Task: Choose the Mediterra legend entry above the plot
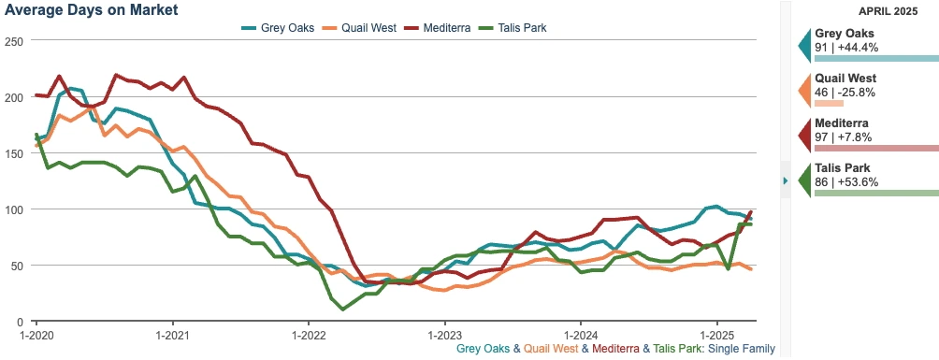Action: [453, 28]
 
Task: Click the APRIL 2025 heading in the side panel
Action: [884, 10]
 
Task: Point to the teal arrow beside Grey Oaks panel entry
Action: [804, 44]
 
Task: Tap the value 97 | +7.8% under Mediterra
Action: [845, 137]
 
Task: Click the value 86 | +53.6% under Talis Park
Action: [846, 181]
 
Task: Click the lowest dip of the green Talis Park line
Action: [343, 309]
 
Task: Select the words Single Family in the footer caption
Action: [742, 349]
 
